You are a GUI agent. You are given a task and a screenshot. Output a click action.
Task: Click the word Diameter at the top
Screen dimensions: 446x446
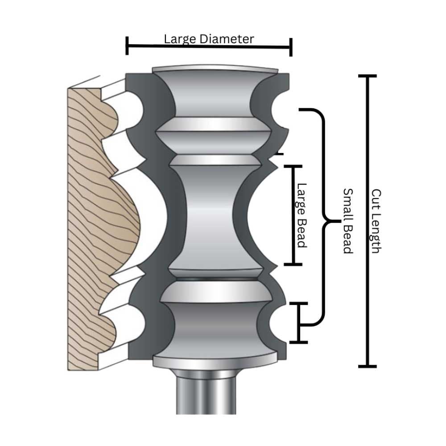(227, 39)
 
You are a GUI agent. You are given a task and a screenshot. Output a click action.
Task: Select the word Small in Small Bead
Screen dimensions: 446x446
(348, 202)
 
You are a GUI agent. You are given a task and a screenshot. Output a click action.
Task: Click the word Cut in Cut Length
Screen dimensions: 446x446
(376, 198)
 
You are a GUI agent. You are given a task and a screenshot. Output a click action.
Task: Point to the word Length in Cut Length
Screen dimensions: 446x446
(376, 232)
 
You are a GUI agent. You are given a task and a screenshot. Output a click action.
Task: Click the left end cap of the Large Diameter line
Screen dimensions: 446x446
(127, 45)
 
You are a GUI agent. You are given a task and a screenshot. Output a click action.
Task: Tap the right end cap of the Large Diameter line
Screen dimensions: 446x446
(291, 47)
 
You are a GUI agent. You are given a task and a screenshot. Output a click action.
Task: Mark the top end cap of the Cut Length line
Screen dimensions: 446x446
(368, 76)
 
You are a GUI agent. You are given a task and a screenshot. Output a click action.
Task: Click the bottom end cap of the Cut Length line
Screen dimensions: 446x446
(368, 366)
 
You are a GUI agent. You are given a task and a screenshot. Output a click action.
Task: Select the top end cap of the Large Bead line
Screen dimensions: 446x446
(293, 166)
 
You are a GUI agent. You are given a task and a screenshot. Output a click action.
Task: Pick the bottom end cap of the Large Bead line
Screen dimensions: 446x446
(293, 264)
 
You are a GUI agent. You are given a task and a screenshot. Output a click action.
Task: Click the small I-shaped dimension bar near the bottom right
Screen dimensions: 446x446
(299, 323)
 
